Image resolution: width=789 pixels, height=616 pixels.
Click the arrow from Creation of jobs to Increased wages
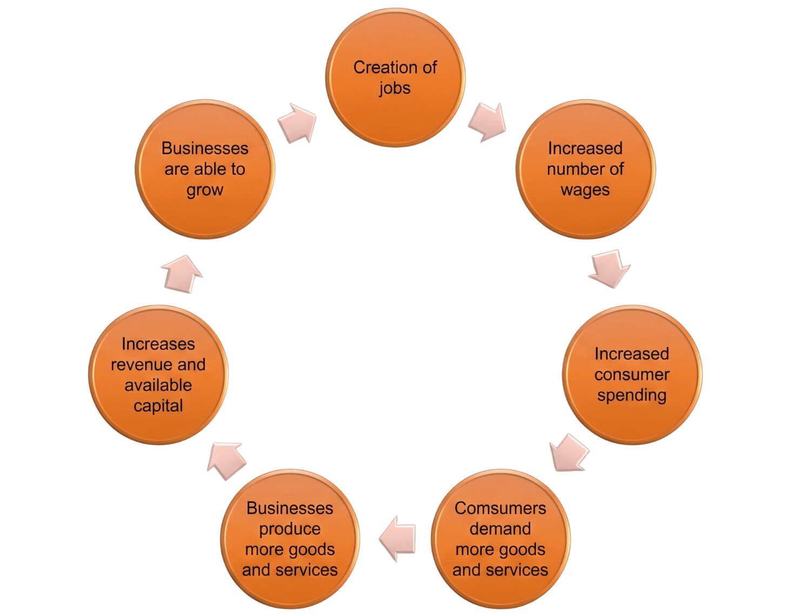pyautogui.click(x=487, y=122)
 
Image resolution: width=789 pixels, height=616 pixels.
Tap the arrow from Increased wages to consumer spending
pyautogui.click(x=610, y=268)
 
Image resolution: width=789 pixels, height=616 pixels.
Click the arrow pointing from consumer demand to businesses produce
pyautogui.click(x=398, y=538)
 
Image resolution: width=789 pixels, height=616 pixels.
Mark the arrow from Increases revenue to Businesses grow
pyautogui.click(x=182, y=273)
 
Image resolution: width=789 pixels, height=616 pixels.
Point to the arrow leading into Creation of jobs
pyautogui.click(x=297, y=123)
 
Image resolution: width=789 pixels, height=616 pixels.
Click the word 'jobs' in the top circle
pyautogui.click(x=394, y=88)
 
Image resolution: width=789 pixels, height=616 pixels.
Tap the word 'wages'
pyautogui.click(x=585, y=190)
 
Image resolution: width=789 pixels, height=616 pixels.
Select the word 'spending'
pyautogui.click(x=632, y=395)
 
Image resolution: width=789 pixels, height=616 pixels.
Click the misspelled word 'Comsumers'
pyautogui.click(x=500, y=508)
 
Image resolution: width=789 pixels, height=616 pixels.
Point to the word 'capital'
pyautogui.click(x=158, y=406)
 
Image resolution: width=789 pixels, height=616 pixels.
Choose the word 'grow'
pyautogui.click(x=205, y=190)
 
